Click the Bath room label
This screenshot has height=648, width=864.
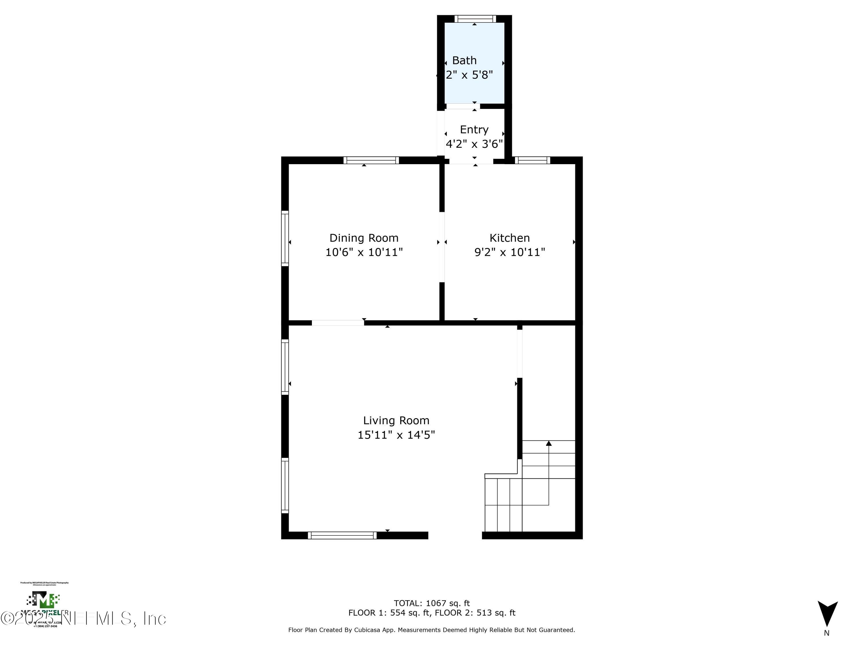[x=464, y=60]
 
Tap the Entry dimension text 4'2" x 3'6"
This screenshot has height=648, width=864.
[x=474, y=144]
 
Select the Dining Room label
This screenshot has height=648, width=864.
[x=364, y=238]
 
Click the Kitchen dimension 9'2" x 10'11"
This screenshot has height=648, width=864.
[x=509, y=252]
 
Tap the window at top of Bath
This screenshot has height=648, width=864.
[x=475, y=19]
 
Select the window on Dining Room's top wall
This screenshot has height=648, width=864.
[x=371, y=160]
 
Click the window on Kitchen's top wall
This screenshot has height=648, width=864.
[x=532, y=160]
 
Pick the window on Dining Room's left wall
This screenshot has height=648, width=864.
[x=285, y=238]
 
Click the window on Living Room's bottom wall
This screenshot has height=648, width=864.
[x=342, y=535]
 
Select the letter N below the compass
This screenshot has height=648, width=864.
[x=827, y=633]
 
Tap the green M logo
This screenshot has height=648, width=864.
[x=43, y=600]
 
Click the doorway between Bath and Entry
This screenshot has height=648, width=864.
[x=463, y=106]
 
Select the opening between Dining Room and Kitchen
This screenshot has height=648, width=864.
[x=442, y=247]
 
